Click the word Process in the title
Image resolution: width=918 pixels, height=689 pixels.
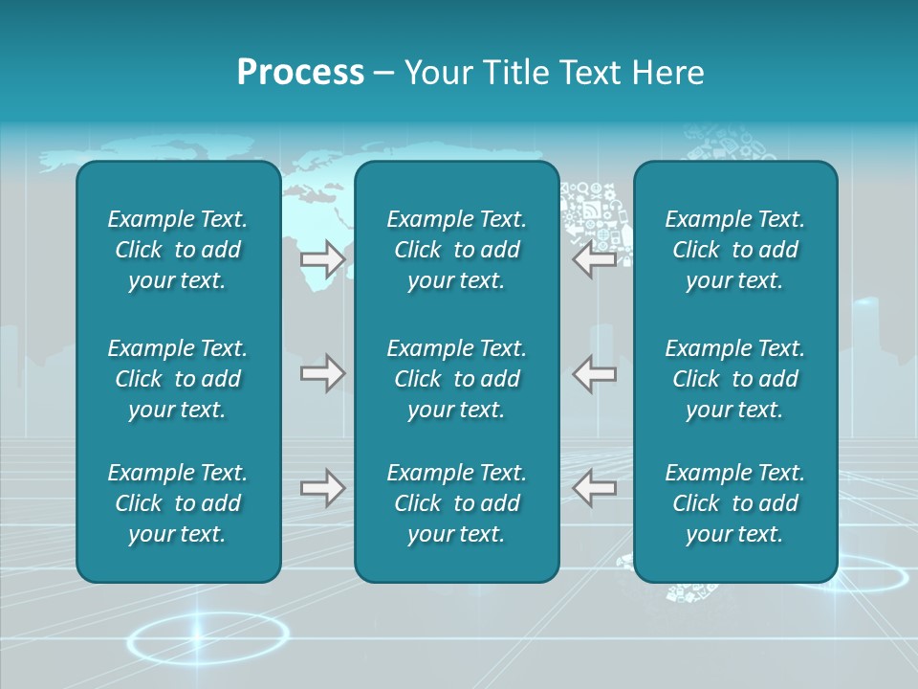point(300,73)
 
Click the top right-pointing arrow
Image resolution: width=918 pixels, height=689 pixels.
point(322,259)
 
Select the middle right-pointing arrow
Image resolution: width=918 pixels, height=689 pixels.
point(322,372)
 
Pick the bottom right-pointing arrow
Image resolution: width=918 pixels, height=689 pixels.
point(322,488)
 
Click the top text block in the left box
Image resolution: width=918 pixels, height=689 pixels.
point(178,250)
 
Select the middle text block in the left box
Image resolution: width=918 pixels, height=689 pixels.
point(178,379)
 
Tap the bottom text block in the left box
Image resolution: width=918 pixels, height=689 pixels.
point(178,503)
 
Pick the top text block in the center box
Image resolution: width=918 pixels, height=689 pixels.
point(456,250)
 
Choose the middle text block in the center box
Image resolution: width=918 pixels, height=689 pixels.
point(456,379)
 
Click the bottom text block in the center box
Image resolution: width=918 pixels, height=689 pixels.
point(456,503)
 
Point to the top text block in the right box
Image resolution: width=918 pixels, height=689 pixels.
point(734,250)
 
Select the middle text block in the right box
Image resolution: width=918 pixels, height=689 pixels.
point(734,379)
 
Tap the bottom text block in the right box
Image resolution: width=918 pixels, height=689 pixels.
point(734,503)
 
